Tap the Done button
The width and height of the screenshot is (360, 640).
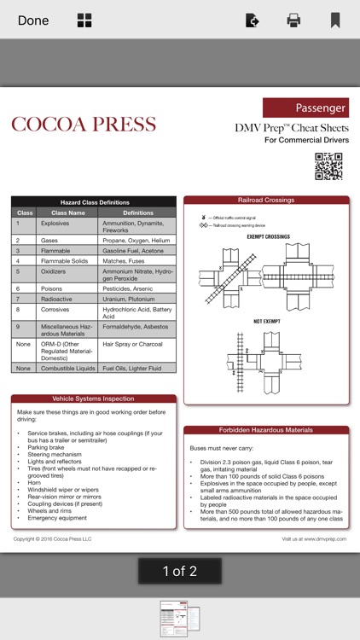tap(33, 20)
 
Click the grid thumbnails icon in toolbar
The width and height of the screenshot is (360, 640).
tap(84, 20)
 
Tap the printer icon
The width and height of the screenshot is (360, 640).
tap(293, 20)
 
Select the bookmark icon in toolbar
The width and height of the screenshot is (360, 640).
tap(335, 20)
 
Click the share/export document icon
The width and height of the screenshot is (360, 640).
tap(252, 20)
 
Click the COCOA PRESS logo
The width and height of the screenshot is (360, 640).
tap(84, 125)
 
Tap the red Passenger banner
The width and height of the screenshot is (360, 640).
tap(305, 108)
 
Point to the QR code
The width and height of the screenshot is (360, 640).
tap(328, 166)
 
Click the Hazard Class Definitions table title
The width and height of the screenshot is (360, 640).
tap(94, 201)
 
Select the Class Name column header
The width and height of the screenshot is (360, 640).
tap(68, 212)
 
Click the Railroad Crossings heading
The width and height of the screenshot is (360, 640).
tap(266, 201)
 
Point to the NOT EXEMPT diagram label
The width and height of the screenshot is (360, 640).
tap(268, 321)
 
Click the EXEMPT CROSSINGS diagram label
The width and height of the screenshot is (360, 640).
tap(268, 236)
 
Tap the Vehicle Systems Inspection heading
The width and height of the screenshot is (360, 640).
tap(94, 399)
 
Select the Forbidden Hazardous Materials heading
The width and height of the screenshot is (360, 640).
tap(266, 430)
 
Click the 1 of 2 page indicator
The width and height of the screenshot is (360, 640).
tap(180, 572)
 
